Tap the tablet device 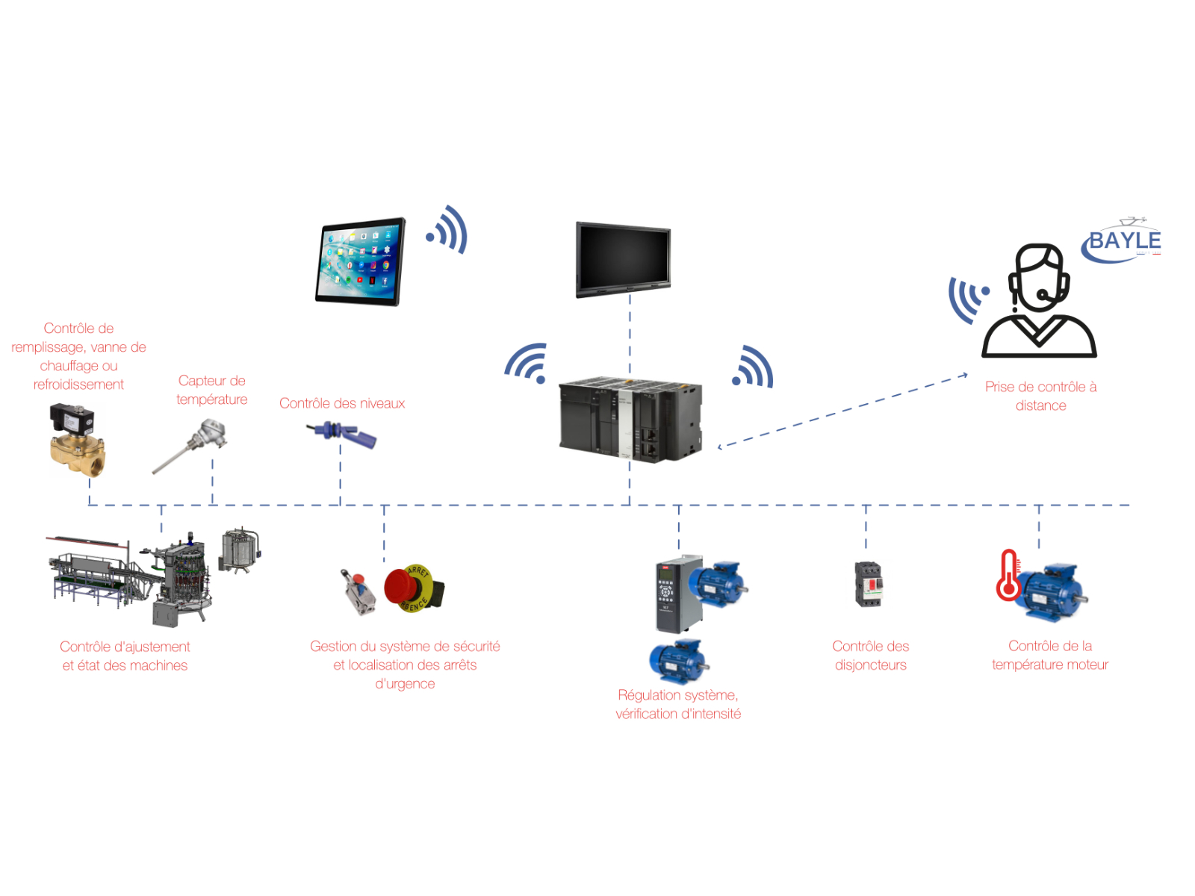[x=361, y=261]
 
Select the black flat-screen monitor [x=623, y=258]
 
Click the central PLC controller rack [x=630, y=419]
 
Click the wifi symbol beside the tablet [x=448, y=230]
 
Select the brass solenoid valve [x=77, y=441]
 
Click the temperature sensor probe [x=190, y=446]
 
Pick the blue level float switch [x=343, y=434]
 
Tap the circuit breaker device [x=868, y=584]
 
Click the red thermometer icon [x=1008, y=576]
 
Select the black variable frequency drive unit [x=678, y=594]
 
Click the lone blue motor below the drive [x=678, y=662]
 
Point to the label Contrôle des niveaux [x=342, y=403]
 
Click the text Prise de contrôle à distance [x=1040, y=396]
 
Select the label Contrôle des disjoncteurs [x=870, y=655]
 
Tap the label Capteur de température [x=211, y=390]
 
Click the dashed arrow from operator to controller [x=844, y=410]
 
